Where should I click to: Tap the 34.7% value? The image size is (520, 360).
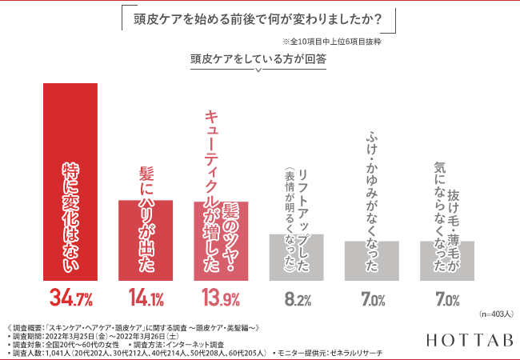(x=71, y=300)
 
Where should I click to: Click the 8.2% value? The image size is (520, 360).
(x=297, y=300)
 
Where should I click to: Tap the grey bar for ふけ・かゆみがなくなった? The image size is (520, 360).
(x=371, y=261)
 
